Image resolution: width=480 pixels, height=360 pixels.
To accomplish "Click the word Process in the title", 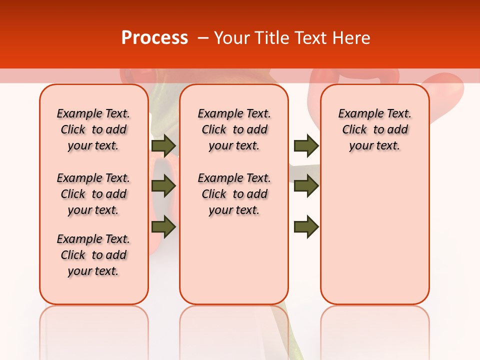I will point(154,38).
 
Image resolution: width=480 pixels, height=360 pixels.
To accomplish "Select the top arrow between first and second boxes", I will point(163,145).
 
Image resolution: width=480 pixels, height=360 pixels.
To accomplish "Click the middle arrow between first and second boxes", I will point(163,186).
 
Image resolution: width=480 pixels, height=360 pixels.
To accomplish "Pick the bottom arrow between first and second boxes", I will point(163,226).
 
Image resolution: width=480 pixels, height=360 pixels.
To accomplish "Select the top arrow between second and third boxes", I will point(306,145).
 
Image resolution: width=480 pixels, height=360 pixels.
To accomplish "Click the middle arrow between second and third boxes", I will point(306,186).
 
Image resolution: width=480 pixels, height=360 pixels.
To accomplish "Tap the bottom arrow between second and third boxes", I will point(306,226).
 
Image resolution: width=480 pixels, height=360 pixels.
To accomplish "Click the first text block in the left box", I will point(93,129).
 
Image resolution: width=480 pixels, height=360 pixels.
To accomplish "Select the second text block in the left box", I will point(93,194).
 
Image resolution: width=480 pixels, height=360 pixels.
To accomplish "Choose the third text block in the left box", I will point(93,255).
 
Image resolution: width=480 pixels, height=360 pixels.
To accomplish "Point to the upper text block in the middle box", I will point(234,129).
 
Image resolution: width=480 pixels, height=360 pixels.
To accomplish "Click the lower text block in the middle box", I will point(234,194).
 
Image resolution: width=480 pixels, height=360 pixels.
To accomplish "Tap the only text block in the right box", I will point(374,129).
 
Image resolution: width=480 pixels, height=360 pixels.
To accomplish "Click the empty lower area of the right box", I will point(374,230).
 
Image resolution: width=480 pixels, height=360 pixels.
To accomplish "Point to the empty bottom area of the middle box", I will point(234,265).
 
